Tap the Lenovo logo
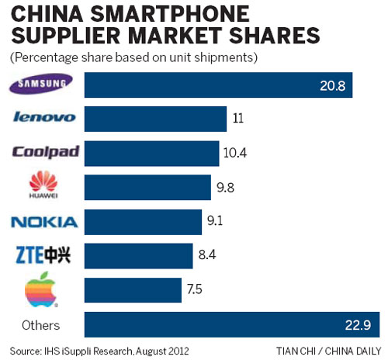coord(44,117)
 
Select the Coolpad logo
coord(45,151)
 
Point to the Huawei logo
coord(43,187)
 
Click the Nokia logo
coord(44,222)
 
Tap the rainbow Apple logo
coord(43,289)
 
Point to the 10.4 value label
coord(234,153)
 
